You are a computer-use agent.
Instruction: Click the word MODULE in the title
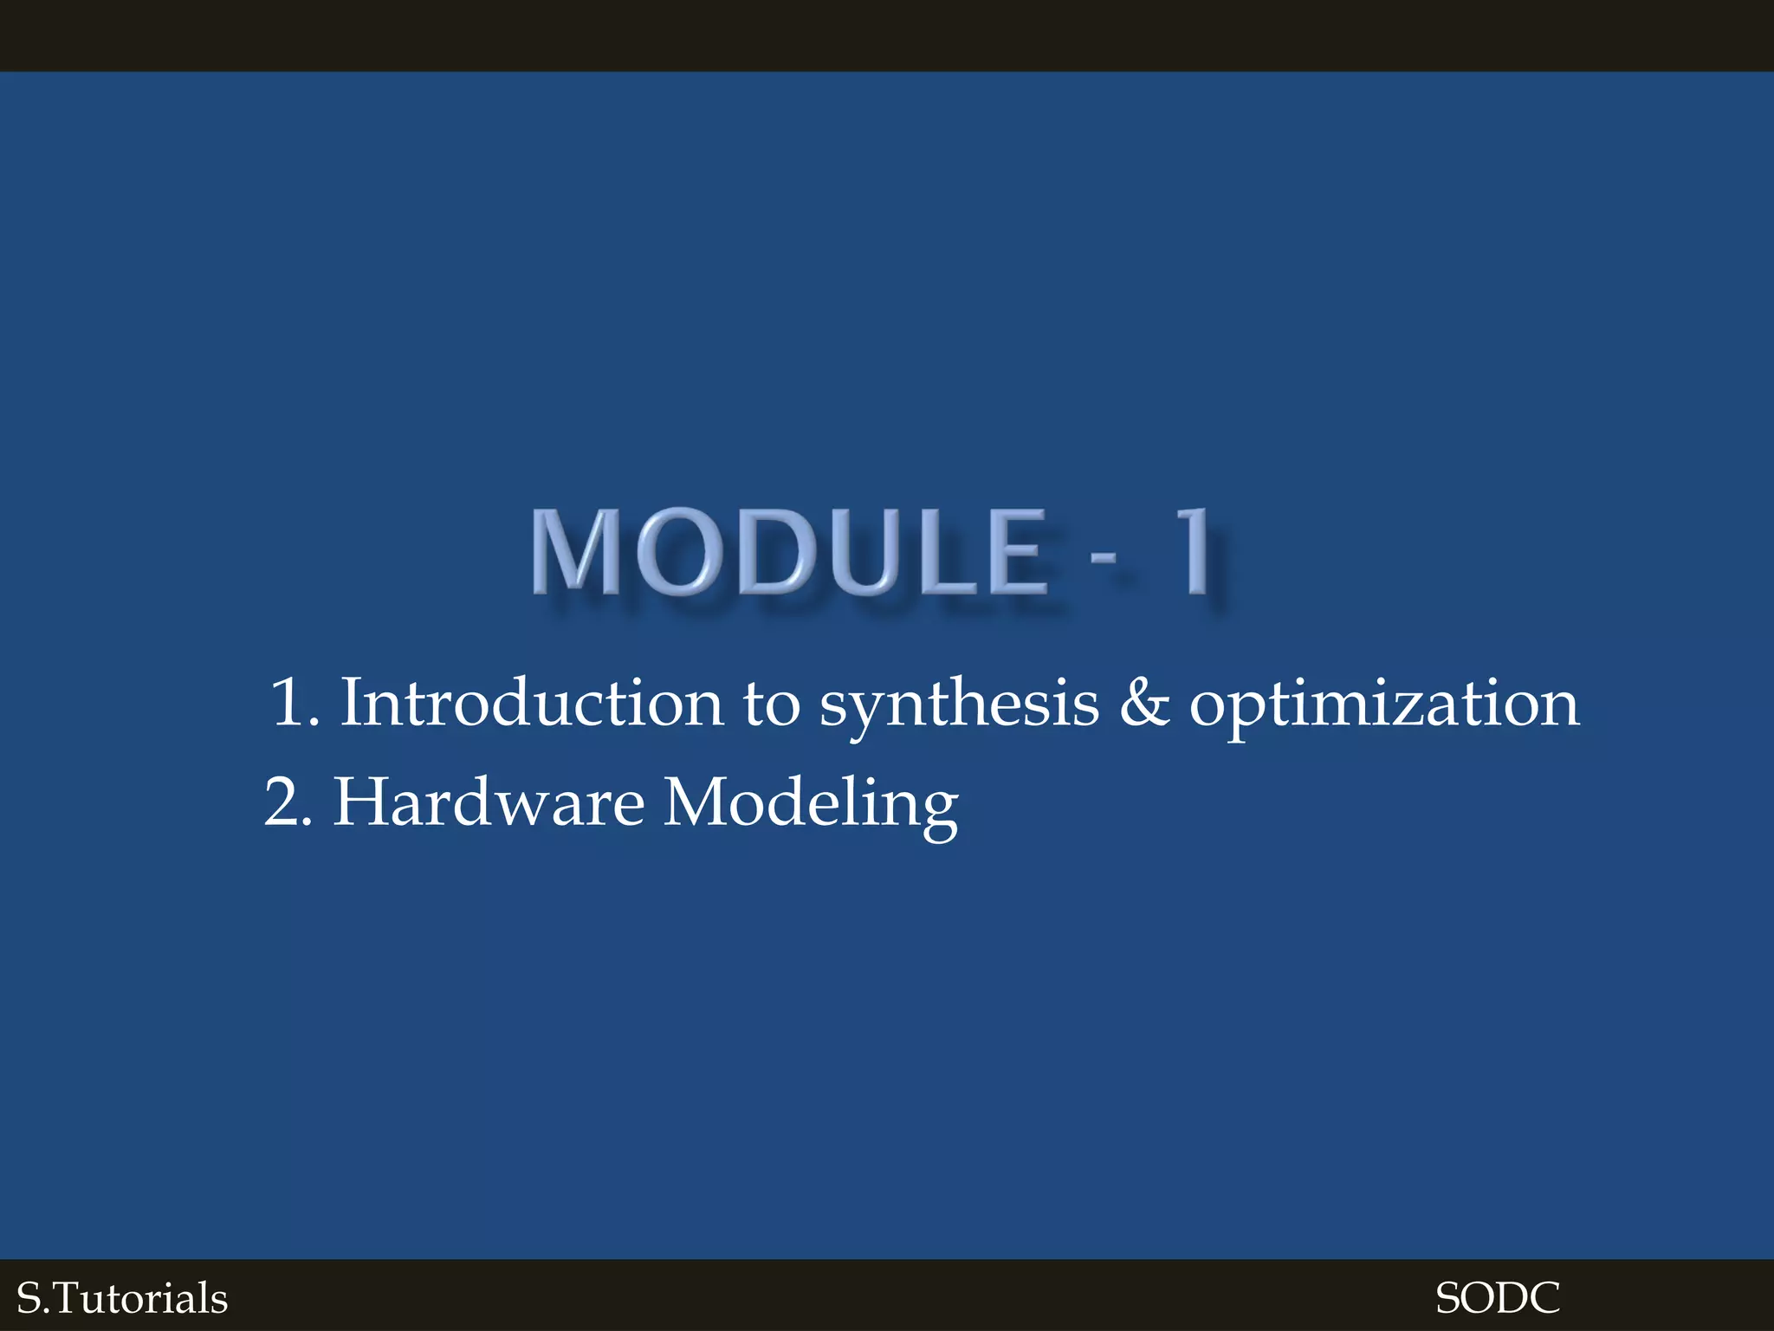point(788,552)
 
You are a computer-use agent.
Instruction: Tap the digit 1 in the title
point(1196,552)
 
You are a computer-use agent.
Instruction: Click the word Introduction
point(531,703)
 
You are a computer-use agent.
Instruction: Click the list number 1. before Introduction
point(295,703)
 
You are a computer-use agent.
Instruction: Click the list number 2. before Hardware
point(288,802)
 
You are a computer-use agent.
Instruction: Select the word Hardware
point(489,802)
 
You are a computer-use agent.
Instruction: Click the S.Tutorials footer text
point(122,1298)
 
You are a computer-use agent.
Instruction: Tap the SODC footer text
point(1497,1298)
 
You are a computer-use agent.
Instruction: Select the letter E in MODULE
point(1016,552)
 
